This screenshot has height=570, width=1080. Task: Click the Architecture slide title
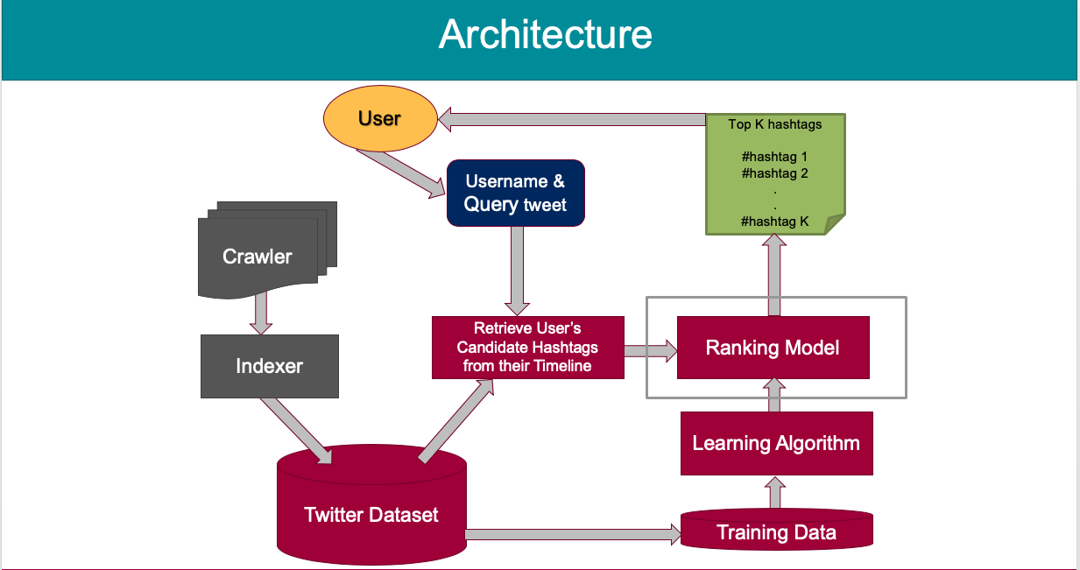[x=545, y=35]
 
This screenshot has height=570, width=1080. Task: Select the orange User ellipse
[x=379, y=118]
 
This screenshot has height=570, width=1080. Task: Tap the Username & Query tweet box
[x=515, y=194]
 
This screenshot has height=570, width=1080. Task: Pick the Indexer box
[x=269, y=366]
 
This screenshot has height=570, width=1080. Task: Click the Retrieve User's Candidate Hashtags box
[x=527, y=348]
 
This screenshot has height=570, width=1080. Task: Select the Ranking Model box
[x=773, y=348]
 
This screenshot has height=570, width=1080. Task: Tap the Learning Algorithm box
[x=776, y=443]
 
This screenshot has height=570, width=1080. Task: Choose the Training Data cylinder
[x=776, y=531]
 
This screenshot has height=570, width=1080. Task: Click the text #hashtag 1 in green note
[x=774, y=157]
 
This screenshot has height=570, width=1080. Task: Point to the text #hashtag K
[x=774, y=222]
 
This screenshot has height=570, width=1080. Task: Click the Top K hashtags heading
[x=774, y=124]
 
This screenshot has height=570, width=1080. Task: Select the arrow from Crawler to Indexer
[x=261, y=313]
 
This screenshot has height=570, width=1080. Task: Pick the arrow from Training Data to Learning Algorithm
[x=774, y=492]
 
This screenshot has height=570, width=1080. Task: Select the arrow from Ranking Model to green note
[x=774, y=275]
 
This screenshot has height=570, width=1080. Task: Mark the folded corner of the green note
[x=835, y=224]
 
